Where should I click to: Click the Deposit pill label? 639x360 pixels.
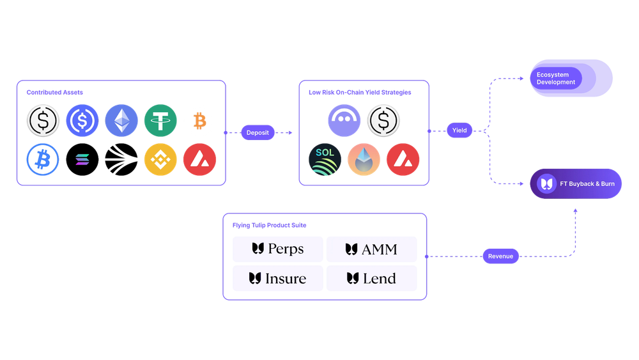257,133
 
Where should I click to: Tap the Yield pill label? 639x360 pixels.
459,130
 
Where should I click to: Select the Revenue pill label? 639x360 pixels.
500,256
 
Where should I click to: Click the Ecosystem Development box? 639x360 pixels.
571,78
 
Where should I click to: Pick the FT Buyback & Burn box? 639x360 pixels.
576,184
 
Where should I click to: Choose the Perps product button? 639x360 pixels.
278,249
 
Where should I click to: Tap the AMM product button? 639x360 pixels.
371,249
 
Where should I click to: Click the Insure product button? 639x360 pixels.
278,278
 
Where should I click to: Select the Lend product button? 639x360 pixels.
371,278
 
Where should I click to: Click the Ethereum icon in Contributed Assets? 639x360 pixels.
121,120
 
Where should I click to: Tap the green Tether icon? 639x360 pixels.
160,120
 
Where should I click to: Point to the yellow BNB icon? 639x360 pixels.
160,159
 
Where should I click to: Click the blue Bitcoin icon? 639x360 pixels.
43,159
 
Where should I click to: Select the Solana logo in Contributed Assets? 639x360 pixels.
83,160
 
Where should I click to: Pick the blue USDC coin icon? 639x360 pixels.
82,120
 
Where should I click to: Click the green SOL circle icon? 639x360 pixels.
325,160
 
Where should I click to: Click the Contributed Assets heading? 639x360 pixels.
55,92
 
